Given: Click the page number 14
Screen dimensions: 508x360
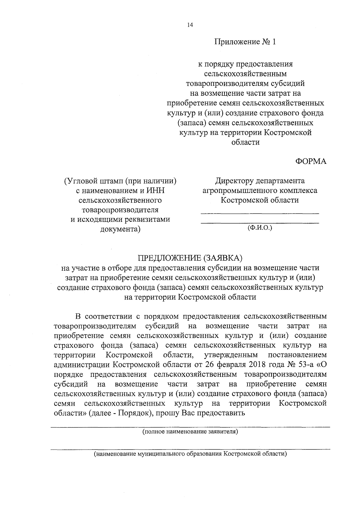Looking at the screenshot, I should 190,25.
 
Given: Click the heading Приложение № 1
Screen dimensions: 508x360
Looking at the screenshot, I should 244,42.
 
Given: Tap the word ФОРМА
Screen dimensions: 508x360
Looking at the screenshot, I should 311,161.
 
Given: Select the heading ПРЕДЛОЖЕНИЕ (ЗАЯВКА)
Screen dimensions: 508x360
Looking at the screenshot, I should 190,258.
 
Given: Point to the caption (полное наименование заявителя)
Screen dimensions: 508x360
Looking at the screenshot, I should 190,432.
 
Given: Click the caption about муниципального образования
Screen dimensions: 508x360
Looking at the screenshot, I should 190,454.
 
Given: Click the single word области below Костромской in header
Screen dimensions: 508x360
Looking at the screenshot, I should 245,142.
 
